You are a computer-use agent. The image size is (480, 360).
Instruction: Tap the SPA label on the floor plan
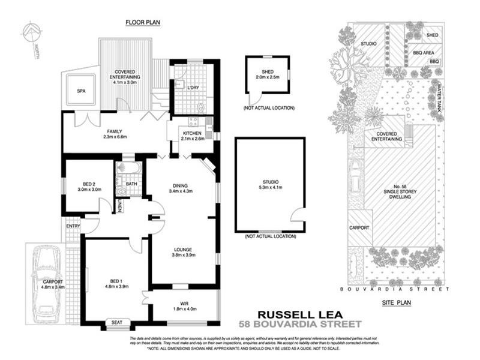click(x=81, y=92)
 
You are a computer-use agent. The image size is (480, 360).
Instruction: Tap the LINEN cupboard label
click(x=119, y=206)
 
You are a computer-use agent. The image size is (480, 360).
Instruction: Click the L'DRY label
click(x=193, y=88)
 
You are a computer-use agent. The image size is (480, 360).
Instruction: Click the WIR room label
click(x=184, y=303)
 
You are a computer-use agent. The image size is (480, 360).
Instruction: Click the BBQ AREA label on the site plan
click(x=424, y=52)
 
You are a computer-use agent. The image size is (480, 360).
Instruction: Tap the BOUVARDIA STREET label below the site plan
click(x=394, y=289)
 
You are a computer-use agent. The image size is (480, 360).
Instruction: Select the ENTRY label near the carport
click(x=73, y=226)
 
